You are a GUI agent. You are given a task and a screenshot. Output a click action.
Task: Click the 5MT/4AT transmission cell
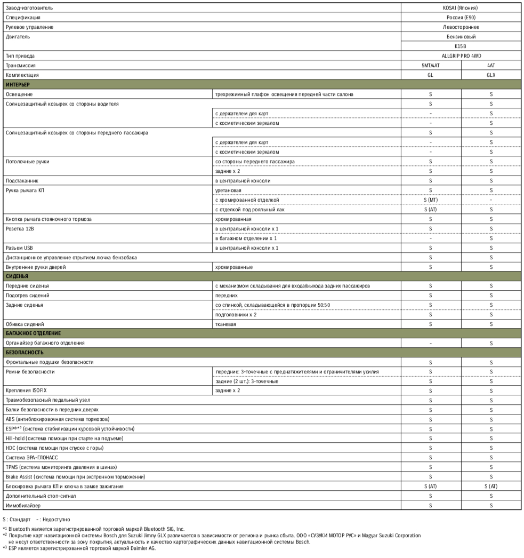pyautogui.click(x=431, y=66)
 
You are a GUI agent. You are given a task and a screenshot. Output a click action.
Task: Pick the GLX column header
pyautogui.click(x=491, y=75)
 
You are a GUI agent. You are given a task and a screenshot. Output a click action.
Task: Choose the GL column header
pyautogui.click(x=431, y=75)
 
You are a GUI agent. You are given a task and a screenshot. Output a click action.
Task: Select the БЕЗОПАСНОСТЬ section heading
pyautogui.click(x=24, y=353)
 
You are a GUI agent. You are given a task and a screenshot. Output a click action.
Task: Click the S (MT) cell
pyautogui.click(x=431, y=200)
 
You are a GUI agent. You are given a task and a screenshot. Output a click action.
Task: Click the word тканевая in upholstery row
pyautogui.click(x=225, y=324)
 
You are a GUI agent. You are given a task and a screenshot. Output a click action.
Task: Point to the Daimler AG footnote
pyautogui.click(x=79, y=548)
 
